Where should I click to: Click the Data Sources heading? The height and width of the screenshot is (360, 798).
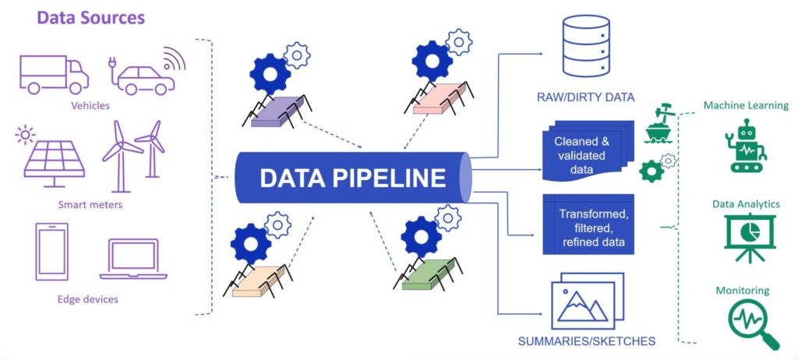point(90,17)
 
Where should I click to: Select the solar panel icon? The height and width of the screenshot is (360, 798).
point(54,160)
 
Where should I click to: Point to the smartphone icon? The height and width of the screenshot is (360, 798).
point(52,251)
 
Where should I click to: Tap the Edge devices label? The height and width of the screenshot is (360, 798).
point(90,299)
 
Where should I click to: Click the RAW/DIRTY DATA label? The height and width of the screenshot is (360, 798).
point(587,97)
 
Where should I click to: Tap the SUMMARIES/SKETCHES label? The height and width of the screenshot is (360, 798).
point(586,341)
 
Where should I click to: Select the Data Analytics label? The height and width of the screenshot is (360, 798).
point(746,203)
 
